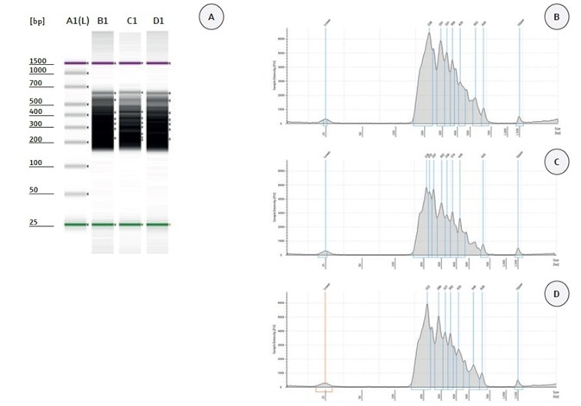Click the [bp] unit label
[37, 20]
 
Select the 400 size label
[35, 112]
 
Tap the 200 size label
[35, 139]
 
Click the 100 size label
[35, 163]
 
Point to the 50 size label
[34, 190]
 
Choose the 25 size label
[34, 223]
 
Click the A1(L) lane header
[75, 20]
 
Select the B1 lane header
[103, 20]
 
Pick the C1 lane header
[129, 20]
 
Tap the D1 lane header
[156, 20]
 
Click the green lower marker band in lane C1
[129, 225]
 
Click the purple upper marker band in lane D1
[156, 63]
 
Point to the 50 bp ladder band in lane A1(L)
[75, 193]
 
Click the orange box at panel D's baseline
[325, 390]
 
